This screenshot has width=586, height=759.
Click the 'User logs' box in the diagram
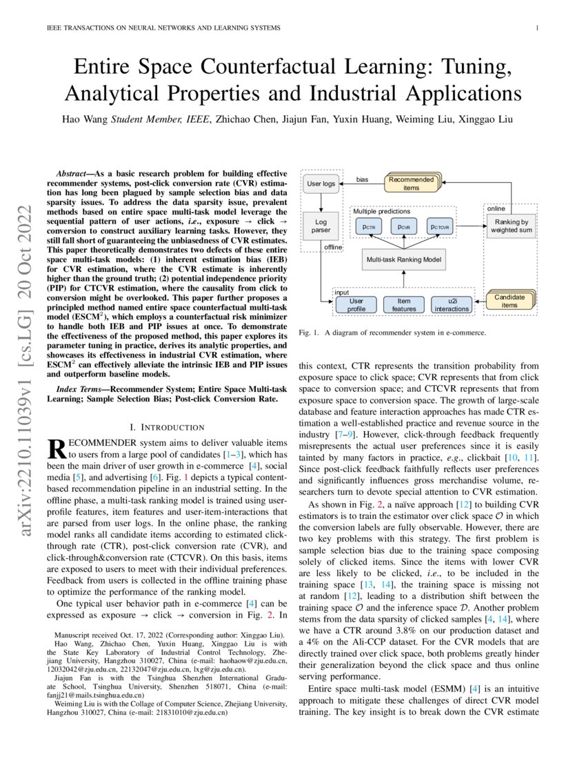pos(321,184)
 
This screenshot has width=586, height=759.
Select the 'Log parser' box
pos(321,225)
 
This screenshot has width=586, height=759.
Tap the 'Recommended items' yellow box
pos(411,184)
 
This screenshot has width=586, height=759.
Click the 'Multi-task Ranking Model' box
pos(403,259)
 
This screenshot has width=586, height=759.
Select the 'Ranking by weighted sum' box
pos(511,226)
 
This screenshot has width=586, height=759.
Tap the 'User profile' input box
pos(356,304)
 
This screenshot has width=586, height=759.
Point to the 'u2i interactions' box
pos(451,304)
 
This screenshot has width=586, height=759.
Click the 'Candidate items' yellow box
pos(511,300)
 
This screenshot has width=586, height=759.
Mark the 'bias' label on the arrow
pos(362,179)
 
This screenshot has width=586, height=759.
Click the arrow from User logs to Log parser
pos(321,201)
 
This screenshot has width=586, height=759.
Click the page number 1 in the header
pos(536,28)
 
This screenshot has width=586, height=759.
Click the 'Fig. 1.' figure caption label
pos(308,333)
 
